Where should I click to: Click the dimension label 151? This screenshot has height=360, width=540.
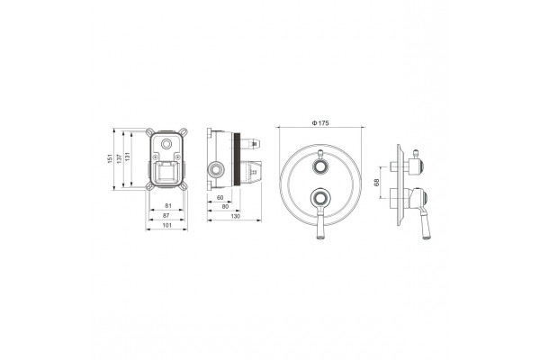coord(110,158)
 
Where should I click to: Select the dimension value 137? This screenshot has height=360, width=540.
coord(119,158)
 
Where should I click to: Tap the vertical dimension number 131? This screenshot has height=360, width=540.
coord(128,157)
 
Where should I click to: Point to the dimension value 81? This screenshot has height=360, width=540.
coord(168,206)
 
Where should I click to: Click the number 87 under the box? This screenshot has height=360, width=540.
coord(166,215)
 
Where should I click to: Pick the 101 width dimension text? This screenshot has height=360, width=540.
coord(166,225)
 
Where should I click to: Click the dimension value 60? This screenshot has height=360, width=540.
coord(220,197)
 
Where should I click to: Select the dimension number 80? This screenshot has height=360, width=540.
coord(225,206)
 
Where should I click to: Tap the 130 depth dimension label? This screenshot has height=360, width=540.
coord(235,216)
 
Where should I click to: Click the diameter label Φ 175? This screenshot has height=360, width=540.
coord(320,123)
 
